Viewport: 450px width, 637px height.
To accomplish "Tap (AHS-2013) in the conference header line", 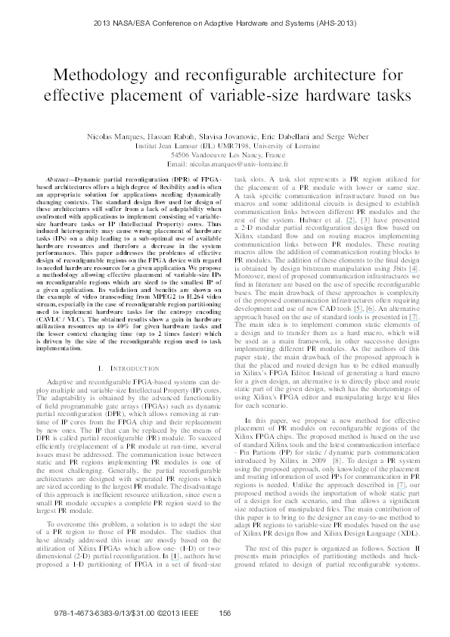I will click(334, 23).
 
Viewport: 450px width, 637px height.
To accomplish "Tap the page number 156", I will click(225, 613).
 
